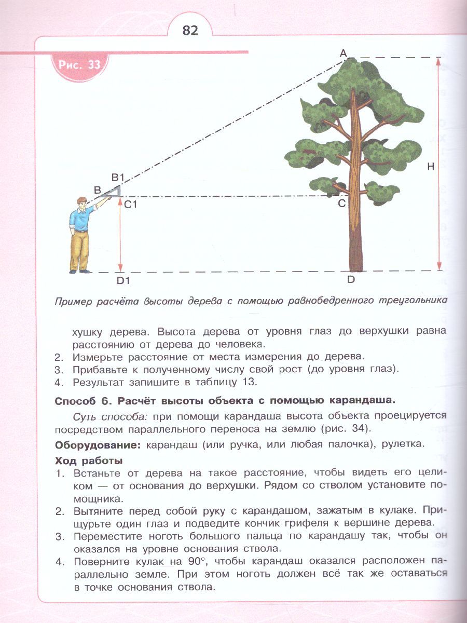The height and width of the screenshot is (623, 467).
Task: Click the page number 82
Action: [x=190, y=30]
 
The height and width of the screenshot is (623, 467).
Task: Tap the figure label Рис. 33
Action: [x=79, y=65]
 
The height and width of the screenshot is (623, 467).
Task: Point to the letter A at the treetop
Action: [x=344, y=53]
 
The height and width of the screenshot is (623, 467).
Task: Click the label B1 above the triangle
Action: [x=118, y=178]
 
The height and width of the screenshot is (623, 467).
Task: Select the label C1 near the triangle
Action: [x=130, y=204]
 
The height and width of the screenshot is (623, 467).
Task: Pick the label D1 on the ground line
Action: [x=123, y=281]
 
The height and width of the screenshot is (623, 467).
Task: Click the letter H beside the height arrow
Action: [x=431, y=167]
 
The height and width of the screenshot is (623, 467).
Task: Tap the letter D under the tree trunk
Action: [x=351, y=280]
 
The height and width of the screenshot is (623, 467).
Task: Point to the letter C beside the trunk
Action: [x=342, y=203]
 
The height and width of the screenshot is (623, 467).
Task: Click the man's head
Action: [x=81, y=203]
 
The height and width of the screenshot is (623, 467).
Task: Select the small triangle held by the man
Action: [x=111, y=192]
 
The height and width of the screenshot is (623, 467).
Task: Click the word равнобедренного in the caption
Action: [x=331, y=301]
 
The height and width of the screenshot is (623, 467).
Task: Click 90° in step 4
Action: [x=196, y=561]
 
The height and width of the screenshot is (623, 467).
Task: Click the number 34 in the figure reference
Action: [x=358, y=428]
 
